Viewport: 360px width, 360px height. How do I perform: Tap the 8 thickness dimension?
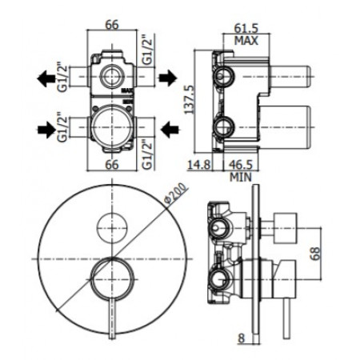coord(241,337)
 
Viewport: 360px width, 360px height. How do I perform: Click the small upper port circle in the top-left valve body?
coord(110,78)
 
